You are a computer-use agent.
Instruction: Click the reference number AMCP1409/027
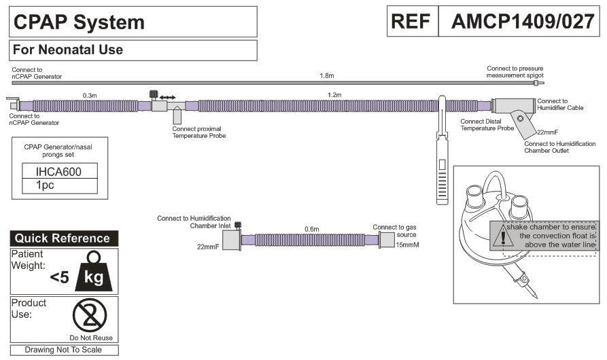click(x=523, y=21)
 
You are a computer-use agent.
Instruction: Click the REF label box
click(x=413, y=21)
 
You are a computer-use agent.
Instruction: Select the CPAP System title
click(x=79, y=22)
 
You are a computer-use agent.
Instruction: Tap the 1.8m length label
click(x=327, y=76)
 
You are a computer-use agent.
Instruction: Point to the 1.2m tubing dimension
click(x=334, y=94)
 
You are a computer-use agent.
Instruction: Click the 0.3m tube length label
click(x=90, y=96)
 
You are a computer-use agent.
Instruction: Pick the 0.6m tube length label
click(x=311, y=229)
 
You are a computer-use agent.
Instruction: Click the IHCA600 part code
click(x=59, y=172)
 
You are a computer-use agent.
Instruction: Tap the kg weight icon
click(x=94, y=272)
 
